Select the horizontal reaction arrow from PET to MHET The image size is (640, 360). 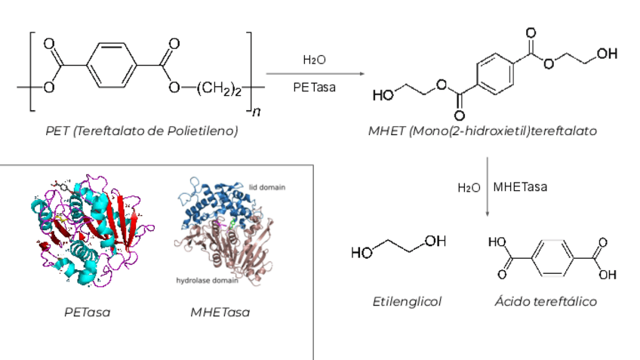(x=314, y=73)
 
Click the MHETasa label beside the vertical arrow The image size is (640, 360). (x=521, y=186)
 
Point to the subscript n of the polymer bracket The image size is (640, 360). (x=257, y=112)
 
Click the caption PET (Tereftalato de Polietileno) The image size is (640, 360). (x=141, y=131)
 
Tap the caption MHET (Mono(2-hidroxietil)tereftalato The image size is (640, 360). (x=483, y=131)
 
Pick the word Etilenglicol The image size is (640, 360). (x=406, y=301)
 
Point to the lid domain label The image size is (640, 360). (x=268, y=186)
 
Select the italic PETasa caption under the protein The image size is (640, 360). (x=86, y=311)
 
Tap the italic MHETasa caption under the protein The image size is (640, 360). (x=220, y=311)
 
